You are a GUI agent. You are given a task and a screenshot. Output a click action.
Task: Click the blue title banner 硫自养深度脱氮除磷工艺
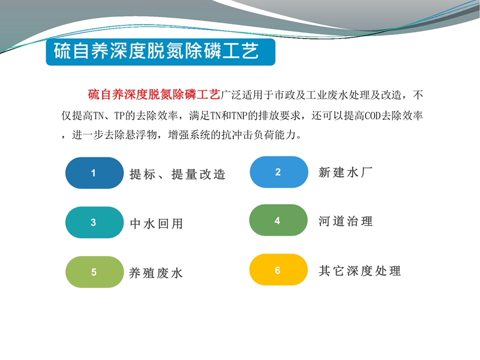click(160, 52)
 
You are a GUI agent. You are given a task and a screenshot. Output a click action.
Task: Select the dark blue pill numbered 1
click(94, 173)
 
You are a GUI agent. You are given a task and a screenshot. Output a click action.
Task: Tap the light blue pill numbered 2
click(279, 172)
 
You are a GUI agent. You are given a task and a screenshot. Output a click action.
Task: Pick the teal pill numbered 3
click(94, 222)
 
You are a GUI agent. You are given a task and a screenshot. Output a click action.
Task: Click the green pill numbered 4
click(279, 220)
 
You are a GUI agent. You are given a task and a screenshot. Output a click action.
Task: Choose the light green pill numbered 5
click(94, 272)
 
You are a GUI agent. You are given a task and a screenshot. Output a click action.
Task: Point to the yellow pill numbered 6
click(279, 270)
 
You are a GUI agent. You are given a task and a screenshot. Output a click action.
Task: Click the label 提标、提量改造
click(177, 175)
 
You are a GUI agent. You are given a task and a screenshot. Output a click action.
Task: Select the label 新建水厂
click(345, 172)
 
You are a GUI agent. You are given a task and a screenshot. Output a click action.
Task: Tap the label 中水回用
click(156, 224)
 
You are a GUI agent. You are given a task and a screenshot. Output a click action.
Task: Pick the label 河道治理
click(345, 221)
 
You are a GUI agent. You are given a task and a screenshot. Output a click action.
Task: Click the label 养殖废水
click(156, 273)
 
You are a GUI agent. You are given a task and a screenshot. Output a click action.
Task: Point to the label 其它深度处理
click(359, 271)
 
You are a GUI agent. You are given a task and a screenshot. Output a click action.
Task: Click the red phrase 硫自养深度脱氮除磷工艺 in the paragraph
click(154, 94)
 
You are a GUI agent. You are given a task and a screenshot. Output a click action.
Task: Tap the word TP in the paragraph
click(119, 116)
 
